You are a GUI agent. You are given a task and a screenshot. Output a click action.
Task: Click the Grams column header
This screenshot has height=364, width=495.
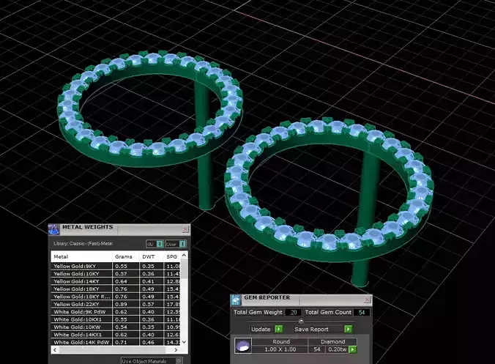click(123, 257)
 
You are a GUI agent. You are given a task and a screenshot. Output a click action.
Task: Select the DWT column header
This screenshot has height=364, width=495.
click(148, 257)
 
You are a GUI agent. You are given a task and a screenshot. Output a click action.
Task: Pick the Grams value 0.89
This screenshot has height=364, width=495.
click(122, 304)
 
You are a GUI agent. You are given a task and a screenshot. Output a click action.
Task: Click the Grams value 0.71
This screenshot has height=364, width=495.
click(122, 342)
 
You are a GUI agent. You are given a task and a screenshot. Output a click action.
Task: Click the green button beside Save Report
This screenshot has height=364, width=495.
click(348, 329)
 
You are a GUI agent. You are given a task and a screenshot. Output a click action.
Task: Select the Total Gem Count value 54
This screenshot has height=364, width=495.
click(360, 313)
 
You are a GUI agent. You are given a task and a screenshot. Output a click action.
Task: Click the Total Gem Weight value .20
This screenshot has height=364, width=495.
click(293, 313)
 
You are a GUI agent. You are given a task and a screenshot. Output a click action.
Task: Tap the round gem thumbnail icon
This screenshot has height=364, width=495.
click(242, 346)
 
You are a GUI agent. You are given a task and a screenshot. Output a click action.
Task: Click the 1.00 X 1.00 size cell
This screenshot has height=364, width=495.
click(281, 349)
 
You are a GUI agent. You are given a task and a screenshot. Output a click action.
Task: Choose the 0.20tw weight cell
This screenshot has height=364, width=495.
click(336, 349)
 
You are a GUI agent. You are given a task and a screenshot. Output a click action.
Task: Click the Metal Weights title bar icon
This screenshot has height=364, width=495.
click(53, 229)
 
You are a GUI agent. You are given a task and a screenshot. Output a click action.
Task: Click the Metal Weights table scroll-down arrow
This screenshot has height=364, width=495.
click(184, 342)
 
